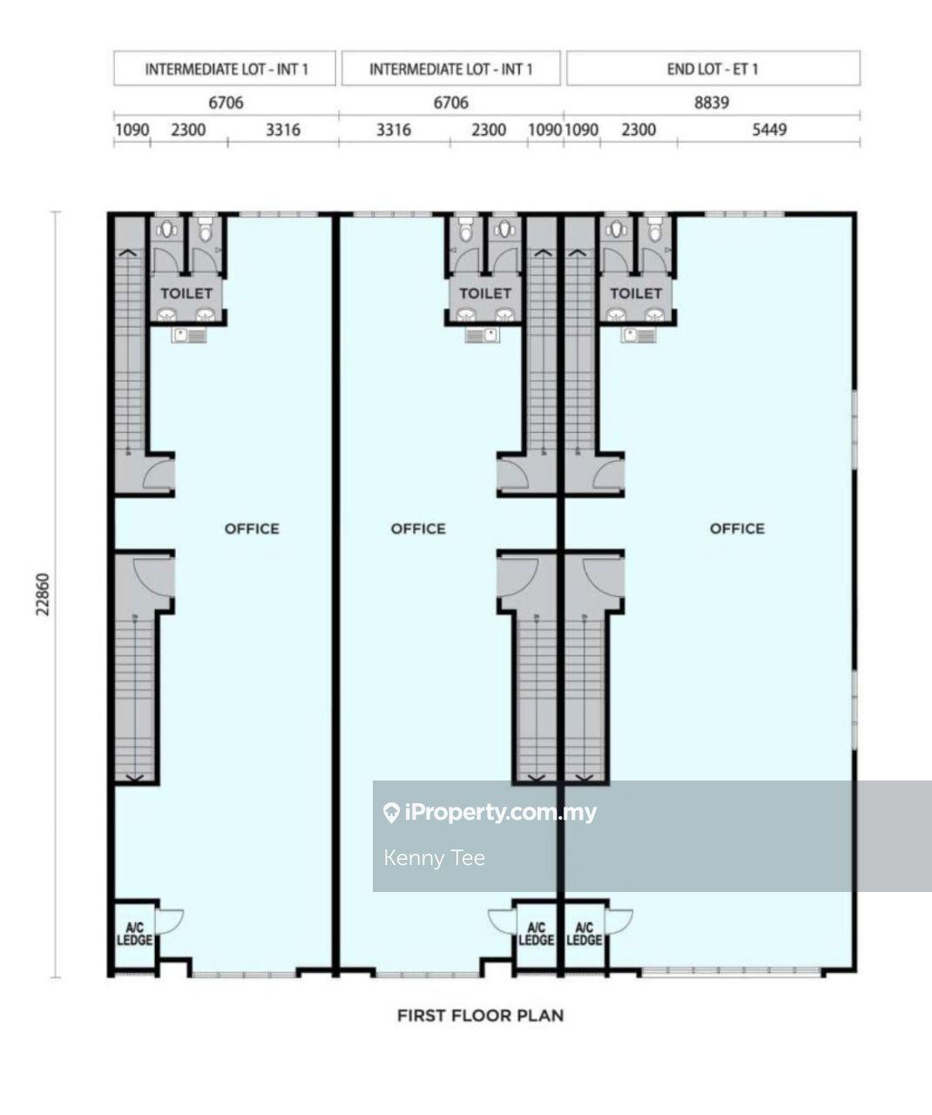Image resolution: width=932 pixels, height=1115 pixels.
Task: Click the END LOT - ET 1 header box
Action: point(713,68)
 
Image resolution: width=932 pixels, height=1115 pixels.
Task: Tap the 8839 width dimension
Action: point(712,103)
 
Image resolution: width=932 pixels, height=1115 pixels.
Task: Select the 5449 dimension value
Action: point(769,130)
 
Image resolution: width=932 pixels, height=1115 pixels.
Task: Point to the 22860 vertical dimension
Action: point(43,594)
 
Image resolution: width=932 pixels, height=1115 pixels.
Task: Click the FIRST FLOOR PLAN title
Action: point(480,1015)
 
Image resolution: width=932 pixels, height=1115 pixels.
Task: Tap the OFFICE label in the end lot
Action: point(737,529)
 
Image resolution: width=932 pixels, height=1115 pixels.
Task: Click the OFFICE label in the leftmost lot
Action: point(252,529)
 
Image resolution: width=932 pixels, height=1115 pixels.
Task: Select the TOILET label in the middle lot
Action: point(485,294)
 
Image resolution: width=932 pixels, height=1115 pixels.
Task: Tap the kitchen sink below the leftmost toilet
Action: point(188,335)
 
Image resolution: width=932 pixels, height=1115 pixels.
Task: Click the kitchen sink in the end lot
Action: point(638,335)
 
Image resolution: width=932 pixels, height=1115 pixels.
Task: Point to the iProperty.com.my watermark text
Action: point(501,813)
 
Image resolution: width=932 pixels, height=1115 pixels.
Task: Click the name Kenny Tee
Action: point(435,858)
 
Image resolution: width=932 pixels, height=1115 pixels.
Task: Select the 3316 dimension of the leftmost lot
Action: point(283,130)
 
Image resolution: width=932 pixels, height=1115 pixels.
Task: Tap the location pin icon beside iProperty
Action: point(391,813)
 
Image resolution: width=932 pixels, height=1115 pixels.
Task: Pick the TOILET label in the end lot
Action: point(636,294)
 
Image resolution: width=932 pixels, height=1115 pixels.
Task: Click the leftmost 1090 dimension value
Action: point(132,130)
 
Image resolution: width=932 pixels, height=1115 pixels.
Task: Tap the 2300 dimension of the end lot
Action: point(638,130)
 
